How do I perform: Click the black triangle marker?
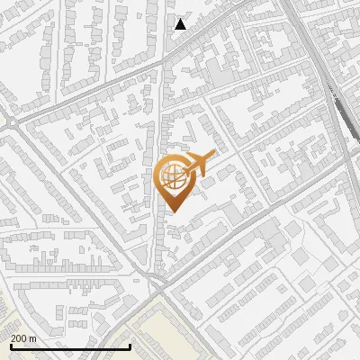181,24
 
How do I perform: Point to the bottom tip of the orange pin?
172,212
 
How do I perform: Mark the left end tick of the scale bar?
10,346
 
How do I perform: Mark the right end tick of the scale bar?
130,346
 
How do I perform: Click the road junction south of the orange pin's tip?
160,281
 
